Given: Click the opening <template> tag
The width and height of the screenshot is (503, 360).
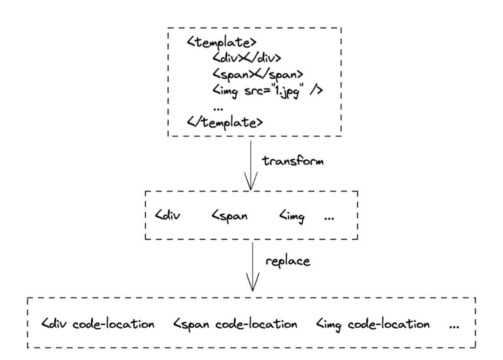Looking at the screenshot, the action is tap(222, 42).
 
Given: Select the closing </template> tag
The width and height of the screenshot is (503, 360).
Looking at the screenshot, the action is tap(225, 122).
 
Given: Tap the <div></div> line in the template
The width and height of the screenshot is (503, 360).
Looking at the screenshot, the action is tap(246, 58).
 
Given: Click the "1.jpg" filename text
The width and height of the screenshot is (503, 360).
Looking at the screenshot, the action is tap(288, 91).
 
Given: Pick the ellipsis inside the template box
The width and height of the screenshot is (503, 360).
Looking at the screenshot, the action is tap(218, 109).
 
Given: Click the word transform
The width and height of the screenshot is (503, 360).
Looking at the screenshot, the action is tap(293, 160).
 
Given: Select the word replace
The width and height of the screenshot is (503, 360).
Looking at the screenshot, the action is tap(288, 261).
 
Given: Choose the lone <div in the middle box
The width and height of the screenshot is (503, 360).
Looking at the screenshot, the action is tap(168, 215).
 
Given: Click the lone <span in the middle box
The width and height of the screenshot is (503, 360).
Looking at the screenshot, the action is tap(229, 216).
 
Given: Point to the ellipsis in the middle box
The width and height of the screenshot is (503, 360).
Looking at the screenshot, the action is tap(329, 219).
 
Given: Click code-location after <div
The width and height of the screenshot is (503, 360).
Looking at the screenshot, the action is tap(113, 324).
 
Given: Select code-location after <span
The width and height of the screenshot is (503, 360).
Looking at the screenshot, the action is tap(256, 324).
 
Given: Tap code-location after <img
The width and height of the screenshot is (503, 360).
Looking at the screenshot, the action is tap(389, 324).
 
